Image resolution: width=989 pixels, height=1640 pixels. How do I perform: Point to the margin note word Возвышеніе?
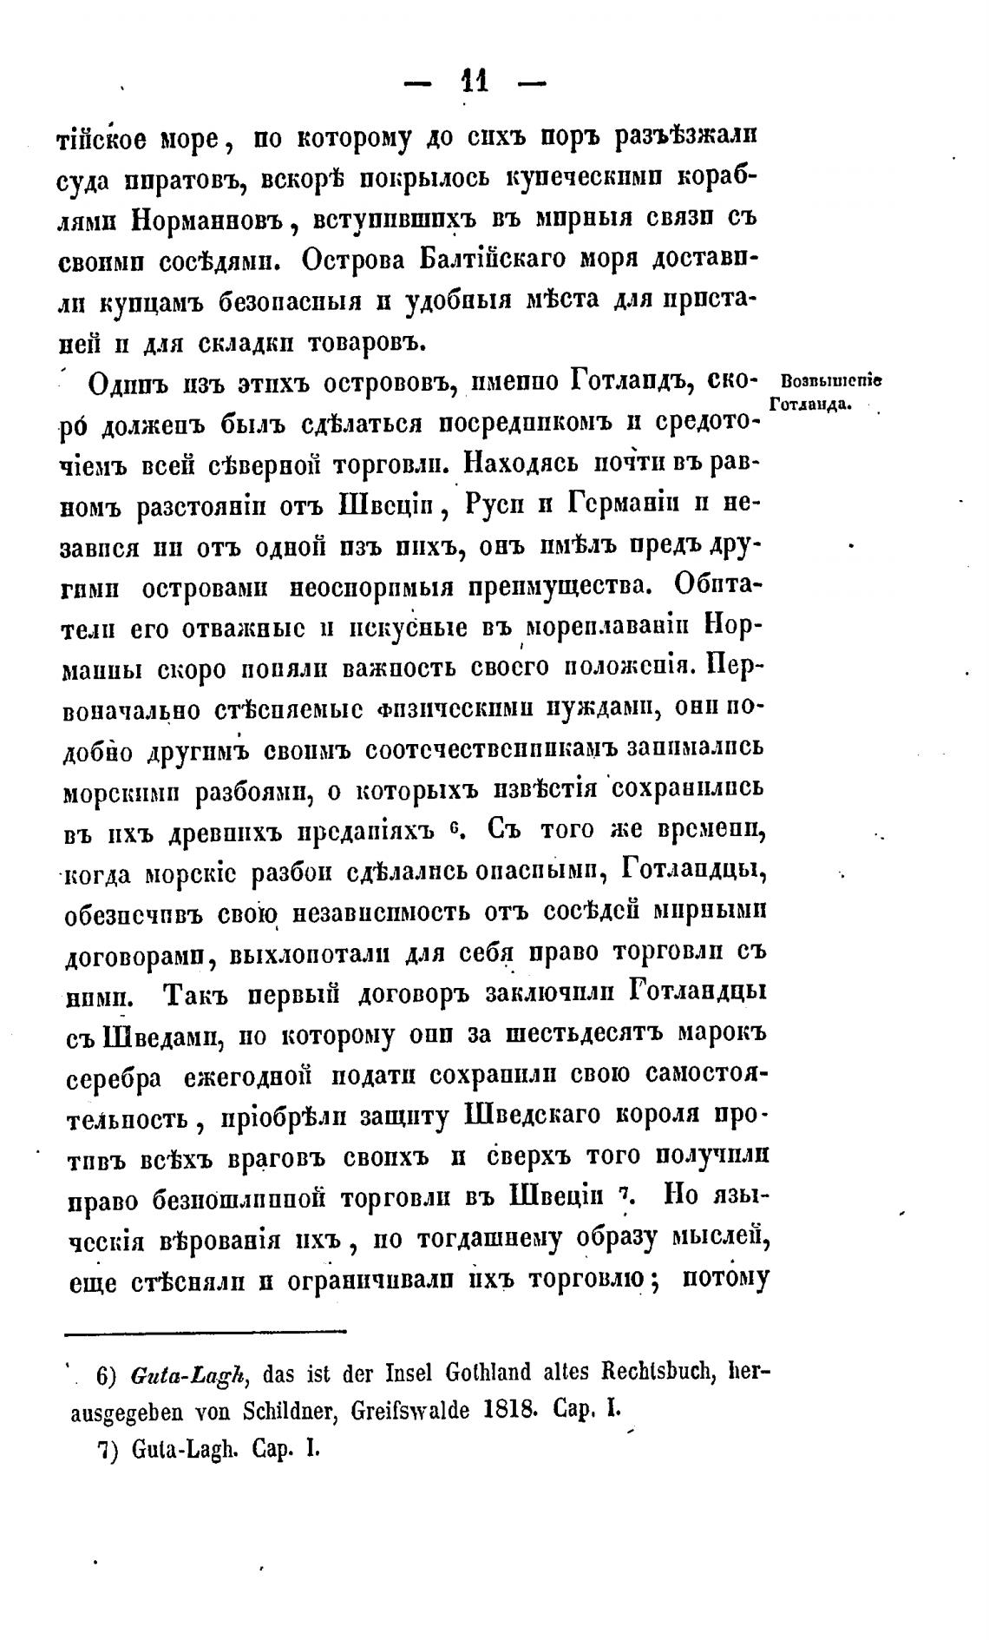point(831,382)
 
